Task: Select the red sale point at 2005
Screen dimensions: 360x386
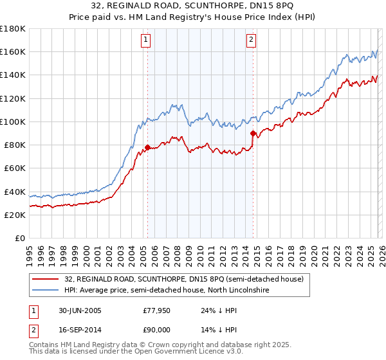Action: click(x=147, y=147)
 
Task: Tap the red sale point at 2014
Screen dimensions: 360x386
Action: click(x=253, y=133)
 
